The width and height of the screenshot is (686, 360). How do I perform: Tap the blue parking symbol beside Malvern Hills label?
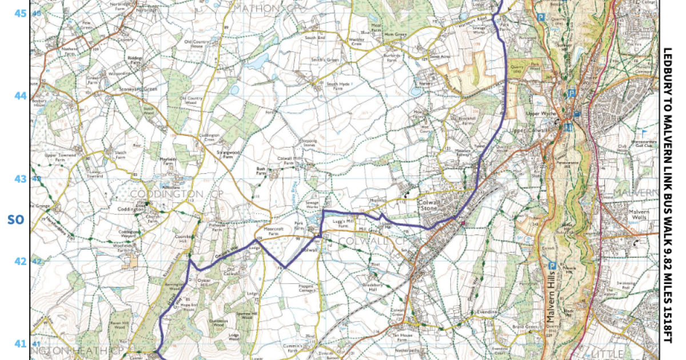coord(552,265)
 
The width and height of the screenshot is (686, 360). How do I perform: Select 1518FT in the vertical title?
coord(667,323)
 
